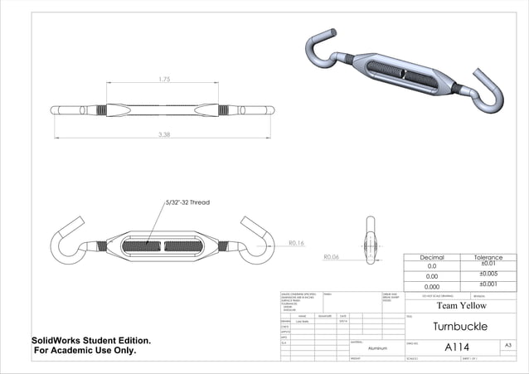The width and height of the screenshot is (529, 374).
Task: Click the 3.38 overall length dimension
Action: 164,134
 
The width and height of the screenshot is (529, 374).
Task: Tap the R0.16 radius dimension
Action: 297,243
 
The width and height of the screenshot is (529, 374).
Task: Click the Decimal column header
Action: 432,258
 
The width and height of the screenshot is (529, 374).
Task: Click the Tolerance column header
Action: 488,258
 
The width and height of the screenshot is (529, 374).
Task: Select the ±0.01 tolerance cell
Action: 488,265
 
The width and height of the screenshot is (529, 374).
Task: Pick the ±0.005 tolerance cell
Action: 488,274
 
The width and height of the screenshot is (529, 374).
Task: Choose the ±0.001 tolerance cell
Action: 488,284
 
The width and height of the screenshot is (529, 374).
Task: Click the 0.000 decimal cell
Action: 432,285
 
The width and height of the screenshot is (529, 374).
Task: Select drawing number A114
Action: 458,347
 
